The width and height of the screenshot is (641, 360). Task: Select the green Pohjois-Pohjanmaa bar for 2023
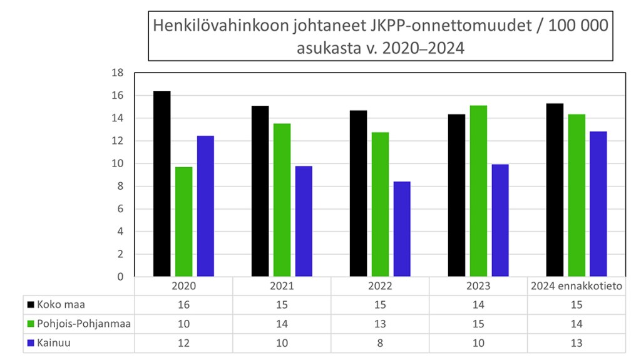478,191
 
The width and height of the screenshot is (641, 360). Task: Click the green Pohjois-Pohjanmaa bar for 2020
183,222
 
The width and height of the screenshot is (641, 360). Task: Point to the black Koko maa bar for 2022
358,193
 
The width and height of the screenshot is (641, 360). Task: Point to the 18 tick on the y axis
117,73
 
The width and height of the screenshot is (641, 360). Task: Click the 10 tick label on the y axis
117,164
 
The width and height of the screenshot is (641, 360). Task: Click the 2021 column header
282,286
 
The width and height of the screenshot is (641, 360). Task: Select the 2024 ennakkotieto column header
576,286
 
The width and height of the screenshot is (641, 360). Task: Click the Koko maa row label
61,305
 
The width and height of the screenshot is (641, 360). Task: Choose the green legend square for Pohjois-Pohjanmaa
30,324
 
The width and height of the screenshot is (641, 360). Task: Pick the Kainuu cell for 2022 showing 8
380,343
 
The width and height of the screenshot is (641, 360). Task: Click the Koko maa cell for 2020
183,305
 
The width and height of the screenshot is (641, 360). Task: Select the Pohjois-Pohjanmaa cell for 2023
478,324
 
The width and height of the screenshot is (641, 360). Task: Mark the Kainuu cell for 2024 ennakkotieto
576,343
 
